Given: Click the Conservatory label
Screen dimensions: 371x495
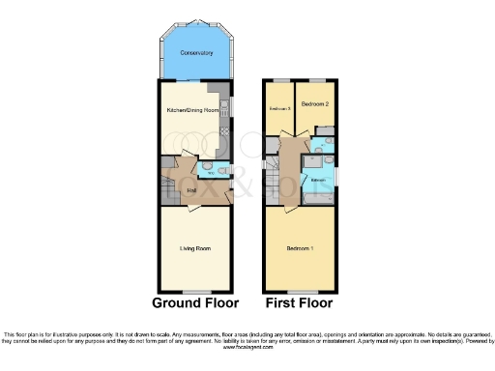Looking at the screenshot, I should (197, 52).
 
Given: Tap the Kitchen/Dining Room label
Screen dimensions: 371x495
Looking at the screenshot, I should (192, 111).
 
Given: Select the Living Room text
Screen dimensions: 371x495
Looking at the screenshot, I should (195, 248).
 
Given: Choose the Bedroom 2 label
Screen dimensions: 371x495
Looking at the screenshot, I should (315, 103).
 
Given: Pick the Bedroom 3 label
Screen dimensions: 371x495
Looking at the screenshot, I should (279, 108).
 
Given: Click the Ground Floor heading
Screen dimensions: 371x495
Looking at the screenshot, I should (196, 302).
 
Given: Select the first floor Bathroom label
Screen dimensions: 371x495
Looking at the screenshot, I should (316, 179).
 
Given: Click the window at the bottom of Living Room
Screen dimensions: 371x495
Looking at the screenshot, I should (196, 291).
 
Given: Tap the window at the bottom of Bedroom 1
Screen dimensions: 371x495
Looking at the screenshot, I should (300, 291).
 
